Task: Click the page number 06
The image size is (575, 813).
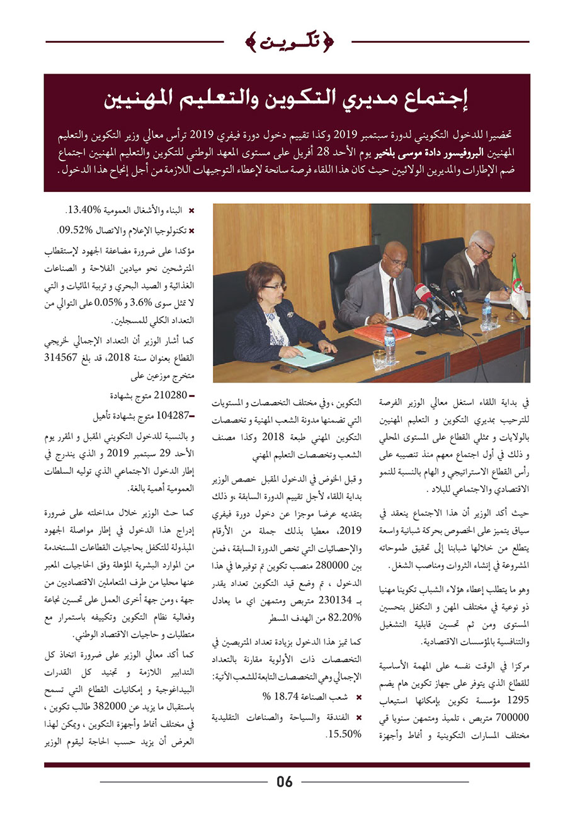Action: pyautogui.click(x=285, y=782)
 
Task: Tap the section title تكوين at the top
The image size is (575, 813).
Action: pyautogui.click(x=288, y=43)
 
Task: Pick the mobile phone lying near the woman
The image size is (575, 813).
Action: pyautogui.click(x=284, y=368)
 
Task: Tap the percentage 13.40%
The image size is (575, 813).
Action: pyautogui.click(x=81, y=211)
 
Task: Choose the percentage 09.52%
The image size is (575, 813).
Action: pyautogui.click(x=81, y=230)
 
